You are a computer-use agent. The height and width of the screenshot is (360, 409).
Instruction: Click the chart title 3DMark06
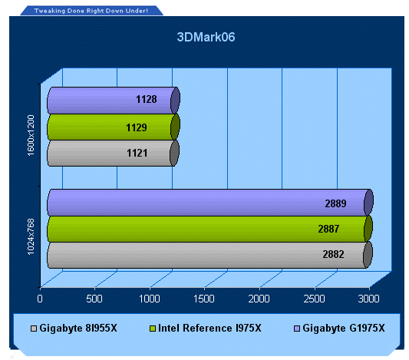(x=206, y=37)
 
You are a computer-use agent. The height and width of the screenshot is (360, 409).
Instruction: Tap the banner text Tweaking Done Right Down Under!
(x=91, y=11)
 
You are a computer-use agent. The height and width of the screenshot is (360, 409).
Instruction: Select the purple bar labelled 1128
(x=114, y=101)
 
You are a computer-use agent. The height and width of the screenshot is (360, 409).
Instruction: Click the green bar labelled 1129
(x=114, y=127)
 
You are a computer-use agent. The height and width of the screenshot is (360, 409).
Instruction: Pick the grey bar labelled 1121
(x=114, y=153)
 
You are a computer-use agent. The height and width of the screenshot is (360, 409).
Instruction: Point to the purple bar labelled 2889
(x=210, y=203)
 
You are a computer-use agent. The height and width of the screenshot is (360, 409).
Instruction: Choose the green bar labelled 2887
(x=210, y=229)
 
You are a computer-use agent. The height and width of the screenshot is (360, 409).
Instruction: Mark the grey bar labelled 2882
(x=209, y=255)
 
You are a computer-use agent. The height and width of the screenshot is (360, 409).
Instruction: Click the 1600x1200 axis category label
(x=31, y=135)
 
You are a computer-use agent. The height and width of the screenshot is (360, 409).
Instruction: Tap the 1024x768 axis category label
(x=31, y=237)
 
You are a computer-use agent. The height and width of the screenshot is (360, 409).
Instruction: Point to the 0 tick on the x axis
(x=40, y=299)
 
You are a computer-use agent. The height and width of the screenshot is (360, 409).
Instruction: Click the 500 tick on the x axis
(x=94, y=299)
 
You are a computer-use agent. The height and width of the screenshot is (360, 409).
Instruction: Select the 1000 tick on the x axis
(x=150, y=299)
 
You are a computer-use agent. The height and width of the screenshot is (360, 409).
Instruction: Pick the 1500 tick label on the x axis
(x=204, y=299)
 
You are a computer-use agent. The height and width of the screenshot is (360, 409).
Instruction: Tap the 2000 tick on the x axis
(x=259, y=299)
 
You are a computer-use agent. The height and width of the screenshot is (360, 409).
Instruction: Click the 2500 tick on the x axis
(x=315, y=299)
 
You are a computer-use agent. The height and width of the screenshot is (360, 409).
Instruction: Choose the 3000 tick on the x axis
(x=369, y=299)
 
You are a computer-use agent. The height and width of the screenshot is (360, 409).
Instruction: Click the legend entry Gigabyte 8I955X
(x=74, y=329)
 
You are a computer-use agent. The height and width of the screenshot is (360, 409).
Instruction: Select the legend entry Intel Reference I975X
(x=206, y=329)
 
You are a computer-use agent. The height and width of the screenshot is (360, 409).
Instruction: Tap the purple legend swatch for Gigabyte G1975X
(x=297, y=329)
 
